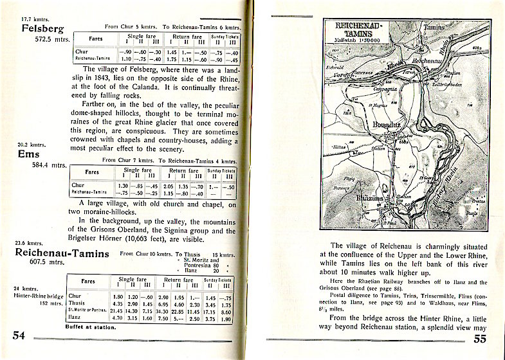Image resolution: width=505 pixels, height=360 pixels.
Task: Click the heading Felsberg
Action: pyautogui.click(x=43, y=29)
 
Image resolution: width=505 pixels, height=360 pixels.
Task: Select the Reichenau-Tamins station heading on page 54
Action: pyautogui.click(x=62, y=254)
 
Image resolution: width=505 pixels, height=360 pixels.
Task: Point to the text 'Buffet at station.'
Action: pyautogui.click(x=91, y=327)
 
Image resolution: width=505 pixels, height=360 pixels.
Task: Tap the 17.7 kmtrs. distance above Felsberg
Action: pyautogui.click(x=35, y=19)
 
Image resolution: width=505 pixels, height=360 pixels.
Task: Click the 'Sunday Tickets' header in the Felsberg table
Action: pyautogui.click(x=223, y=36)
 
